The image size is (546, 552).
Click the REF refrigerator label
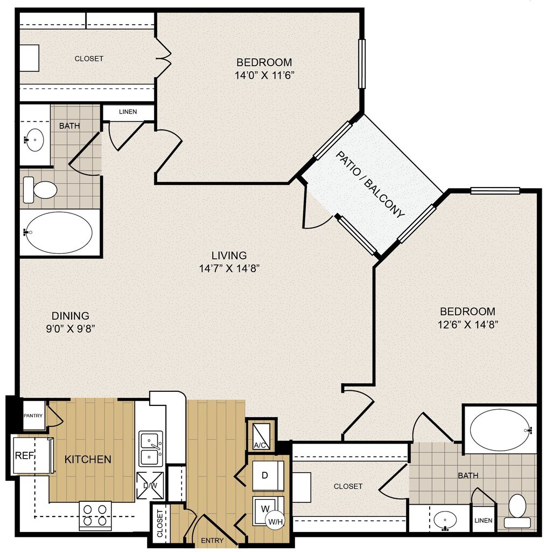(x=24, y=456)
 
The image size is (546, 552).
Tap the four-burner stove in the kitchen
(x=95, y=515)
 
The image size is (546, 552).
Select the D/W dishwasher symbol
(x=150, y=485)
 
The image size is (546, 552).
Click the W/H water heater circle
(x=275, y=521)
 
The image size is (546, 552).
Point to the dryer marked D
(x=268, y=475)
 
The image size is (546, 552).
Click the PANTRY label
(x=33, y=416)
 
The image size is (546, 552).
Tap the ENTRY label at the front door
(x=212, y=540)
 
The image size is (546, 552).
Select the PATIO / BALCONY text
(x=370, y=185)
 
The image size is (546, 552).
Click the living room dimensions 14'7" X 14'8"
(x=229, y=269)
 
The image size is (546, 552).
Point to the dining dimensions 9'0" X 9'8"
(x=71, y=329)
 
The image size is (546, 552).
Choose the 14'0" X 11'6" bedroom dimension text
(x=264, y=75)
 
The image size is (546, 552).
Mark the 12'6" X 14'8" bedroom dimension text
(x=467, y=324)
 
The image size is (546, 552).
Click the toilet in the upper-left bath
(x=40, y=190)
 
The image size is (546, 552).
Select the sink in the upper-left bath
(x=34, y=140)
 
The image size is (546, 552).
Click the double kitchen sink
(x=151, y=449)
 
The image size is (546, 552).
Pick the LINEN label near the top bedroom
(x=128, y=112)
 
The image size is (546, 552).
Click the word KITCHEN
(x=88, y=459)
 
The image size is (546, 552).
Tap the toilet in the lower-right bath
(x=517, y=512)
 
